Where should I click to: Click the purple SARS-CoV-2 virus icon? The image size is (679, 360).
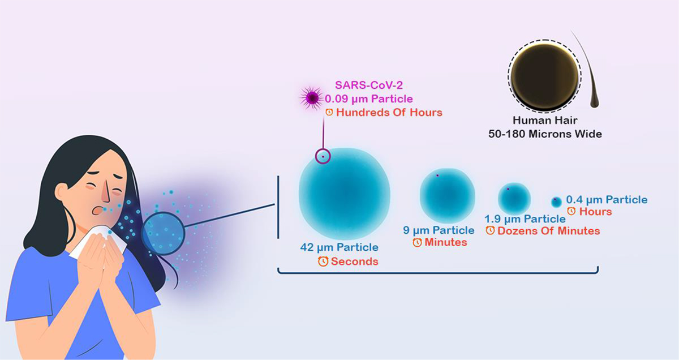point(312,98)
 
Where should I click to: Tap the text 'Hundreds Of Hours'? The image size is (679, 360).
point(389,113)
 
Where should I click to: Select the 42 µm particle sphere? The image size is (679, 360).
point(345,194)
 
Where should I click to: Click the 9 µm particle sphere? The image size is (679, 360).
point(448,196)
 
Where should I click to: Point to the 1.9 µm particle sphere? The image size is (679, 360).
point(514,198)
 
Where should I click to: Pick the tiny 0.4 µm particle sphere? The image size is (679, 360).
point(556,202)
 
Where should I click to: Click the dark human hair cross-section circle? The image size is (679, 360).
point(545,76)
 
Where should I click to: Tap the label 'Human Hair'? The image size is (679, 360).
point(545,121)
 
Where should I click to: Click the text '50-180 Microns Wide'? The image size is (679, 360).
point(545,134)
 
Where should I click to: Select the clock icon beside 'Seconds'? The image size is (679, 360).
point(323,261)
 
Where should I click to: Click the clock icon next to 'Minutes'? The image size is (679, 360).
point(417,242)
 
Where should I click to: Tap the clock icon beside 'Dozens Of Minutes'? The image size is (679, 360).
point(490,230)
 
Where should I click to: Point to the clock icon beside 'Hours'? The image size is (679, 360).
point(571,211)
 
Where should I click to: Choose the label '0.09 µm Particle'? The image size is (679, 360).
point(369,99)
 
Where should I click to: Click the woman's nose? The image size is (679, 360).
point(105,192)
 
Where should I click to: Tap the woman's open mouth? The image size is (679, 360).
point(97,210)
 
